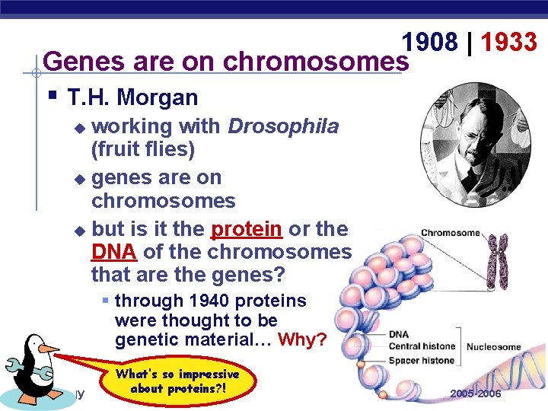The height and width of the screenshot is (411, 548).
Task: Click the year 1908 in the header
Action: point(431,43)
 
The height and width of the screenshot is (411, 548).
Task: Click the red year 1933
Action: point(509,43)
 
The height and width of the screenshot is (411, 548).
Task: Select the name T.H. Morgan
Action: point(132,97)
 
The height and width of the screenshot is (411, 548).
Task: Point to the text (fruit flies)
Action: point(143,149)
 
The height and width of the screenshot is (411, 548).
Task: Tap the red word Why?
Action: point(302,339)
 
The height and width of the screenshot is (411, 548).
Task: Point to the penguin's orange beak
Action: point(49,349)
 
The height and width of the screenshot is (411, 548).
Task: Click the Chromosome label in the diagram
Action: point(449,233)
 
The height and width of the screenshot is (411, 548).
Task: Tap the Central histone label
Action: point(422,347)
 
